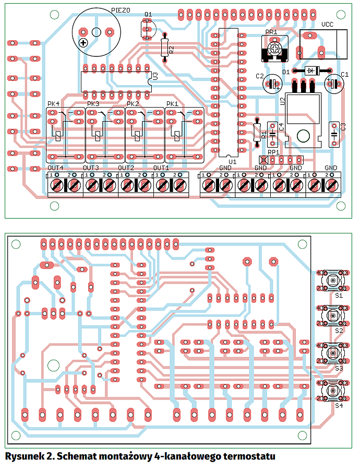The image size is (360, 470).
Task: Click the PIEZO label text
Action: coord(121,10)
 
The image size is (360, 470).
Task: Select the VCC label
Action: coord(327,24)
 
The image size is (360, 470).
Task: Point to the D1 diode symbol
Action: coord(311,70)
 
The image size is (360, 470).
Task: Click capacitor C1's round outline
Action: coord(333,83)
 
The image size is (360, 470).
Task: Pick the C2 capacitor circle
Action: coord(272,83)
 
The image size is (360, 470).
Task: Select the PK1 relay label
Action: coord(172,103)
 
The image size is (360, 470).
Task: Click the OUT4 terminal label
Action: coord(55,168)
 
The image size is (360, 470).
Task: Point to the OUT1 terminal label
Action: coord(161,168)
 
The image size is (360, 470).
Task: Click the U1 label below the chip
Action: coord(232,162)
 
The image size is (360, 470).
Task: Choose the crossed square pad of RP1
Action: coord(263,159)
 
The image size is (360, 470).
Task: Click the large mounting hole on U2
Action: coord(302,136)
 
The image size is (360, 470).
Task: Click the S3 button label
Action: coord(339,368)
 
